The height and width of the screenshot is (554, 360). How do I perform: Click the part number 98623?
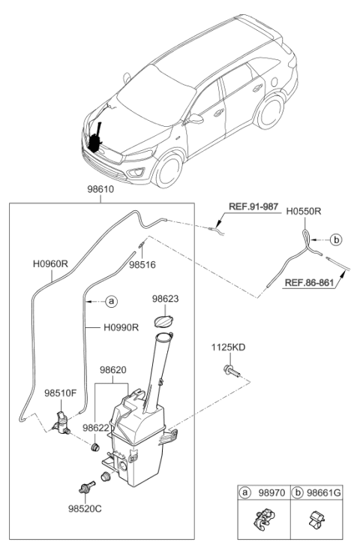coord(164,299)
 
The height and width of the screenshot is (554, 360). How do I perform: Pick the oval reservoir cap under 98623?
coord(163,321)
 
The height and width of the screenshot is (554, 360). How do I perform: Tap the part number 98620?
coord(113,370)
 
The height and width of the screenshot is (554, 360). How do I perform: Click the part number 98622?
coord(96,427)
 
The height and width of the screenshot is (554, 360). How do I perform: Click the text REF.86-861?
coord(310,283)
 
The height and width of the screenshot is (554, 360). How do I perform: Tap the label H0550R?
coord(304,212)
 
